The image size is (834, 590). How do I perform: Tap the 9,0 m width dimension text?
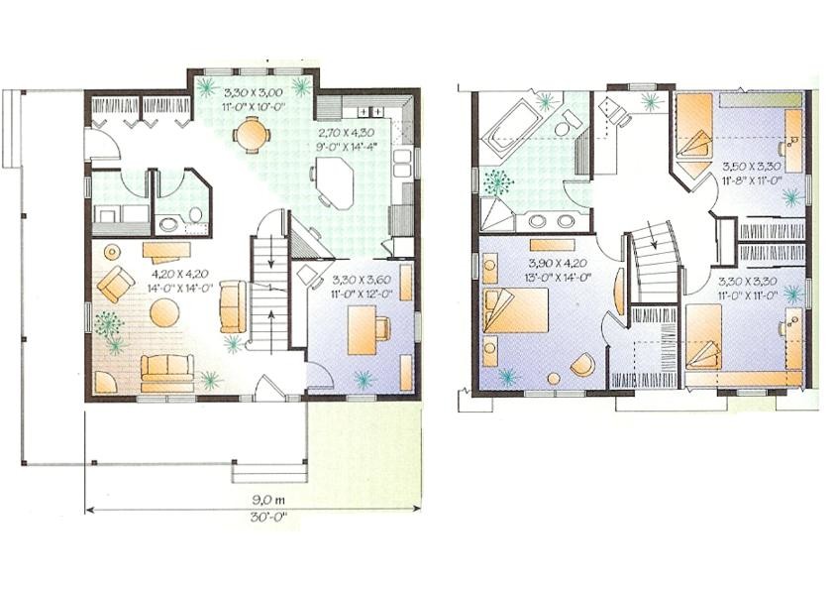tap(268, 500)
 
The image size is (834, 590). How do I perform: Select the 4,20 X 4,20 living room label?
tap(180, 275)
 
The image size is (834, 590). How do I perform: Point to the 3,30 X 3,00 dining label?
tap(253, 91)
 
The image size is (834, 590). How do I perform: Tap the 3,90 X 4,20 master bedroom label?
tap(558, 263)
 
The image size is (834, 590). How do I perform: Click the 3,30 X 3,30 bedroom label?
tap(748, 281)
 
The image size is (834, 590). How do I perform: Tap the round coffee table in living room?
tap(164, 312)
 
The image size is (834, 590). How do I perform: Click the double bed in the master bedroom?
tap(515, 310)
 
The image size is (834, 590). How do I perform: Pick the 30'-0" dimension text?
tap(268, 516)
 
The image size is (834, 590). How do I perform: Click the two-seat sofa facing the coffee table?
tap(167, 368)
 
